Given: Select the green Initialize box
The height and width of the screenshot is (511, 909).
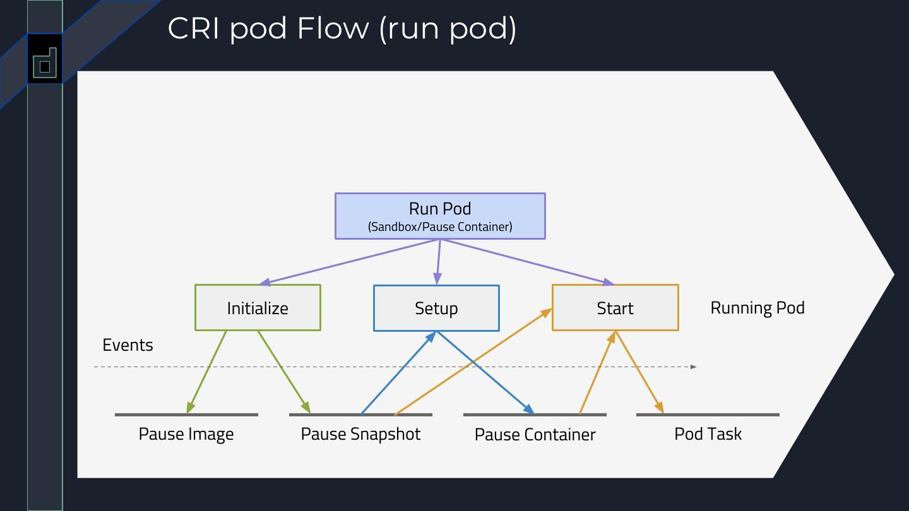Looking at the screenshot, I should point(258,308).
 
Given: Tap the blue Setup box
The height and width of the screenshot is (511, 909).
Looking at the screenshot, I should point(436,308).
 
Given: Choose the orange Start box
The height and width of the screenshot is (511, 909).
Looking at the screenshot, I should point(615,308).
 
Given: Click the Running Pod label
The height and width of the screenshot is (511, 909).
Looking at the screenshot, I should point(757,308).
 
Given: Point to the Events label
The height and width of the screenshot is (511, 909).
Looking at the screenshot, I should point(128,345).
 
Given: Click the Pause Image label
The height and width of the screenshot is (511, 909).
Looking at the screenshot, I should point(186,434).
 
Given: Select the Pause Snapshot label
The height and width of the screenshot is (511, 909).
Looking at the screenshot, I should point(360,434).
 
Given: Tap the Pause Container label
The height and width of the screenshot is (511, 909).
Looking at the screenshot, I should point(535,435).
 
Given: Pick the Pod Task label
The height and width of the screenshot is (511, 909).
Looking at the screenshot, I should point(708,434).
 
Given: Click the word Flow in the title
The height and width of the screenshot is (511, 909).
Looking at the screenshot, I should point(333,28).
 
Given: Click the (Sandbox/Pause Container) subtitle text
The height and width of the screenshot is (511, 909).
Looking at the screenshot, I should point(439,227).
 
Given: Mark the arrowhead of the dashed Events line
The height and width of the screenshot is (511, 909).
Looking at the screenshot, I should point(694,367).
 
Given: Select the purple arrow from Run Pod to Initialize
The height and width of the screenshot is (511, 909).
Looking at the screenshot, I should point(350,262).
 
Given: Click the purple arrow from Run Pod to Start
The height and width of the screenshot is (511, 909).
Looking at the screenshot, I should point(527,262).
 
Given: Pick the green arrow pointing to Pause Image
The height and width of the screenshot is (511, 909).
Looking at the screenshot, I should point(207,372).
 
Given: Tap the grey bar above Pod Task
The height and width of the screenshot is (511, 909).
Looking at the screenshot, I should point(708,414).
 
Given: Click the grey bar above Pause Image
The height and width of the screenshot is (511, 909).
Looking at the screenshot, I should point(186,414).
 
